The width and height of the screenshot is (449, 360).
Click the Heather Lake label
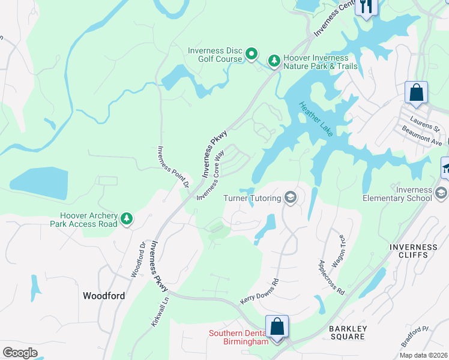[316, 119]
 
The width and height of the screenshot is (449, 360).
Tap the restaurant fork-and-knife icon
[366, 7]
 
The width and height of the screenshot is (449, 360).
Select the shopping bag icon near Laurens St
[416, 92]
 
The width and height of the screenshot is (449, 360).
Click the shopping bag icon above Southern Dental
[277, 326]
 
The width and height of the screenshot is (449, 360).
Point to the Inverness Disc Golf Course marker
[252, 55]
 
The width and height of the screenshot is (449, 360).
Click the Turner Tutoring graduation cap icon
[291, 198]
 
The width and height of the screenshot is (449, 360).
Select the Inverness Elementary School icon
[441, 193]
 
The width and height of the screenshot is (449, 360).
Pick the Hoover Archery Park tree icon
[127, 220]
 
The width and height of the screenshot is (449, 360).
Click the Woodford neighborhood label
[103, 296]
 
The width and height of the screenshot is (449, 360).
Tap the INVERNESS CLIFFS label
[413, 251]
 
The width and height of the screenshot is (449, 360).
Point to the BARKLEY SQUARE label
[347, 332]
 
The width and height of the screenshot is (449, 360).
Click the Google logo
[20, 353]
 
